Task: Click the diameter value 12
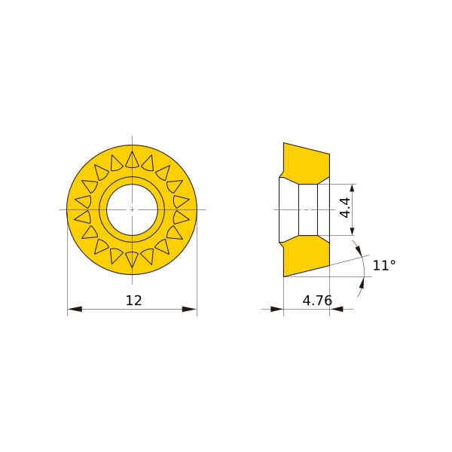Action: [x=133, y=301]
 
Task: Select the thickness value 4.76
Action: [x=317, y=301]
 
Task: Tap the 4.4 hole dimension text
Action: [x=344, y=208]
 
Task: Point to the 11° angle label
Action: [x=384, y=265]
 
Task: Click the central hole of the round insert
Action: [x=132, y=209]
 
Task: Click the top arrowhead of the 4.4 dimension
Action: [x=353, y=188]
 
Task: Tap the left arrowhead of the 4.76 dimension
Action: [x=276, y=309]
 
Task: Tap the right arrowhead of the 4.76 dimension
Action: [x=337, y=309]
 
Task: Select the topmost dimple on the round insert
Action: [x=132, y=159]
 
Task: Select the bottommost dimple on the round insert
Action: [x=132, y=259]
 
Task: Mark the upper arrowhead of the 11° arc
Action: [x=357, y=250]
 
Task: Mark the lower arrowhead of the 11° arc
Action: [x=362, y=282]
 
